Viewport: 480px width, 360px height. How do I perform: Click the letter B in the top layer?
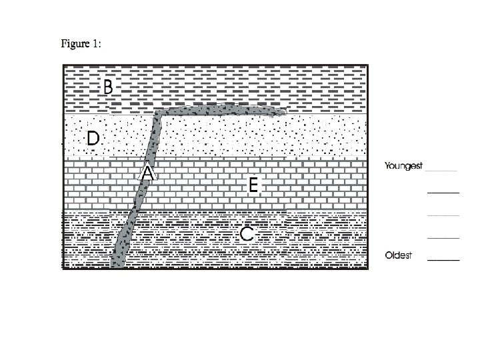pyautogui.click(x=108, y=86)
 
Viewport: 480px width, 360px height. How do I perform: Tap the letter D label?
pyautogui.click(x=93, y=139)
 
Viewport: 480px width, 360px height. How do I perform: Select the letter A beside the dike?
pyautogui.click(x=147, y=173)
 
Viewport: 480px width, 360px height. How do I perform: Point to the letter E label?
pyautogui.click(x=253, y=185)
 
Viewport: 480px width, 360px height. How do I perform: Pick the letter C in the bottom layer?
pyautogui.click(x=247, y=234)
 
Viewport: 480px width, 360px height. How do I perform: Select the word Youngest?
pyautogui.click(x=403, y=166)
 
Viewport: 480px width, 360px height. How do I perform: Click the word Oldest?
pyautogui.click(x=399, y=255)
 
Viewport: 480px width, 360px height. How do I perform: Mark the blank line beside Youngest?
pyautogui.click(x=442, y=171)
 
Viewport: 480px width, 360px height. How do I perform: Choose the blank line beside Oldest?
pyautogui.click(x=443, y=259)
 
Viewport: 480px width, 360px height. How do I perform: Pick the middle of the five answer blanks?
pyautogui.click(x=443, y=215)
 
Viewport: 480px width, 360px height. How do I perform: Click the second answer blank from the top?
pyautogui.click(x=443, y=193)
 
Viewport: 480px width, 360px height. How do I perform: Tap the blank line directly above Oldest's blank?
pyautogui.click(x=443, y=237)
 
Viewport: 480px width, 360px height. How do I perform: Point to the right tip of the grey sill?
pyautogui.click(x=284, y=113)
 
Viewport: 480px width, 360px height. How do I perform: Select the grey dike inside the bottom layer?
pyautogui.click(x=123, y=240)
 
